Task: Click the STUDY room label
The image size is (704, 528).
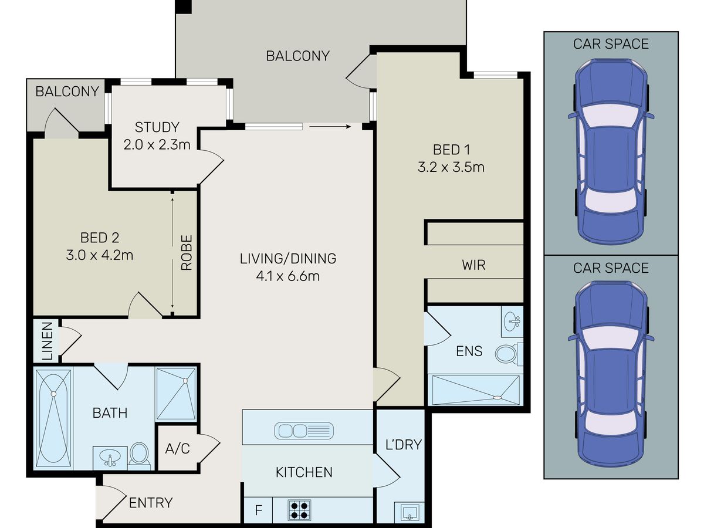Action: click(x=157, y=127)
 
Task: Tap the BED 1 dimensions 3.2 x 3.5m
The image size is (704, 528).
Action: click(x=451, y=167)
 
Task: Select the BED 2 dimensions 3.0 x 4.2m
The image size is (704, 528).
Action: click(x=99, y=255)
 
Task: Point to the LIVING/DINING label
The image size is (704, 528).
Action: click(x=288, y=258)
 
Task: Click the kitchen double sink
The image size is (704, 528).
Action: click(x=304, y=431)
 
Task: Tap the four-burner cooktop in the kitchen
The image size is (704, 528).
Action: click(x=299, y=510)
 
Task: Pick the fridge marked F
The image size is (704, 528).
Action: click(x=258, y=510)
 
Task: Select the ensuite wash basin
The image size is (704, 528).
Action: click(x=512, y=321)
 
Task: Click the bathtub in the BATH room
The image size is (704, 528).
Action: click(x=53, y=418)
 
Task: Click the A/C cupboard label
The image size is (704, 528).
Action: click(x=177, y=448)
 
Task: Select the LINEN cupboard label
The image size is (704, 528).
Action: click(x=47, y=341)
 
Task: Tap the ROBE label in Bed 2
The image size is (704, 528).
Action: click(x=187, y=253)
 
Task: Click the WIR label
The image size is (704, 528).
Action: click(x=473, y=265)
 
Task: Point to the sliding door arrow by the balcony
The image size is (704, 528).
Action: click(x=330, y=127)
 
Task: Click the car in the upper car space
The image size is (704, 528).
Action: click(x=611, y=151)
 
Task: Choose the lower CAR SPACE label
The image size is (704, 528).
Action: click(x=611, y=268)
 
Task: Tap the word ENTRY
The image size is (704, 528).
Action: click(x=151, y=503)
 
